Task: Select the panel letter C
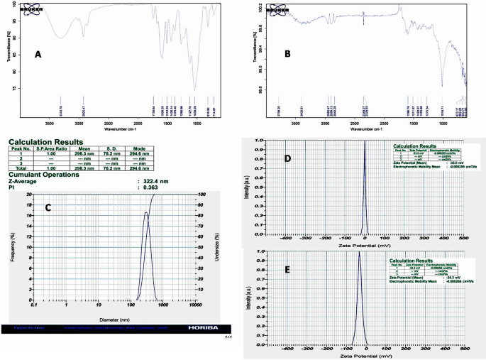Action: [x=48, y=207]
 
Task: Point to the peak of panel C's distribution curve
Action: [x=145, y=212]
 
